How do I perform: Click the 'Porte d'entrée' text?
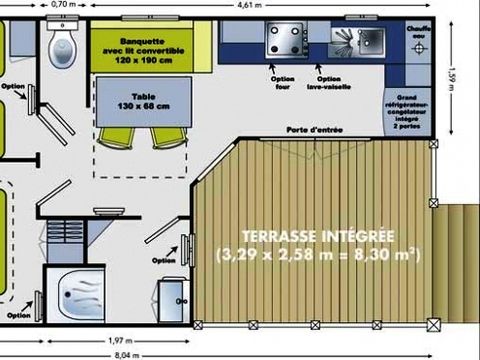(309, 130)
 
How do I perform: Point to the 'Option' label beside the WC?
(13, 86)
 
